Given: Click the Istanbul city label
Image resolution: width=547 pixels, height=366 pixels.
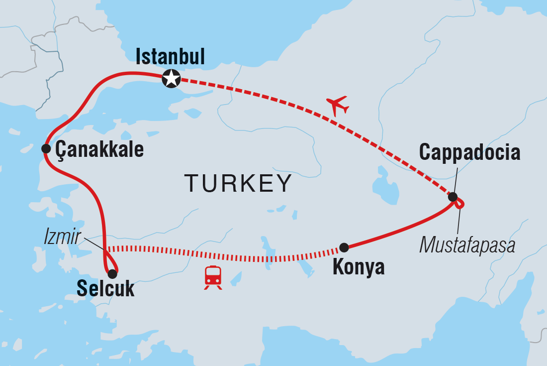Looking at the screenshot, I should click(x=170, y=57).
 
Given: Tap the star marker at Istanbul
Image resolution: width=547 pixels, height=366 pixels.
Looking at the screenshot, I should click(x=171, y=79).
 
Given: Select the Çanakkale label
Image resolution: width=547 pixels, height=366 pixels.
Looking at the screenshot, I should click(x=99, y=149).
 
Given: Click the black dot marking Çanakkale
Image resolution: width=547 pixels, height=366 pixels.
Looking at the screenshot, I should click(x=46, y=148).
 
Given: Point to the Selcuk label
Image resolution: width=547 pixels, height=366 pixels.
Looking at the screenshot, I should click(x=105, y=289).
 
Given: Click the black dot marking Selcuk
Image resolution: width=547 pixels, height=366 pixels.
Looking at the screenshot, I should click(x=112, y=273).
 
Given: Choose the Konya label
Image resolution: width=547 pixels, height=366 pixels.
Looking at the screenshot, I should click(x=358, y=267).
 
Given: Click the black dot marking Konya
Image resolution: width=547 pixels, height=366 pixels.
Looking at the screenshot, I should click(x=344, y=247).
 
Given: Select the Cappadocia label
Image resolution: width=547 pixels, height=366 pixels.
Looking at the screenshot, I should click(x=470, y=152).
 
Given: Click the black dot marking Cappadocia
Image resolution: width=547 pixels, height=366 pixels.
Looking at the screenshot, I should click(x=453, y=197).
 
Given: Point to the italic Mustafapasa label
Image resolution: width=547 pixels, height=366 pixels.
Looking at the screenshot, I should click(x=467, y=245).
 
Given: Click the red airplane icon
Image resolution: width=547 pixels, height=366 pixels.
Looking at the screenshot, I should click(x=338, y=106).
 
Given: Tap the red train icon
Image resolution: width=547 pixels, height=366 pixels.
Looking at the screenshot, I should click(x=213, y=277).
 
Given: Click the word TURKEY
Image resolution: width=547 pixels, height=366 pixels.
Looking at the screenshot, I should click(x=238, y=183).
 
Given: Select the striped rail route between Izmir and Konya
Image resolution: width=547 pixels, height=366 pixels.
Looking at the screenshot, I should click(x=224, y=254).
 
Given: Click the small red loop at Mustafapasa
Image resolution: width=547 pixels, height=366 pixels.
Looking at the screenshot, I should click(x=460, y=203).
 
